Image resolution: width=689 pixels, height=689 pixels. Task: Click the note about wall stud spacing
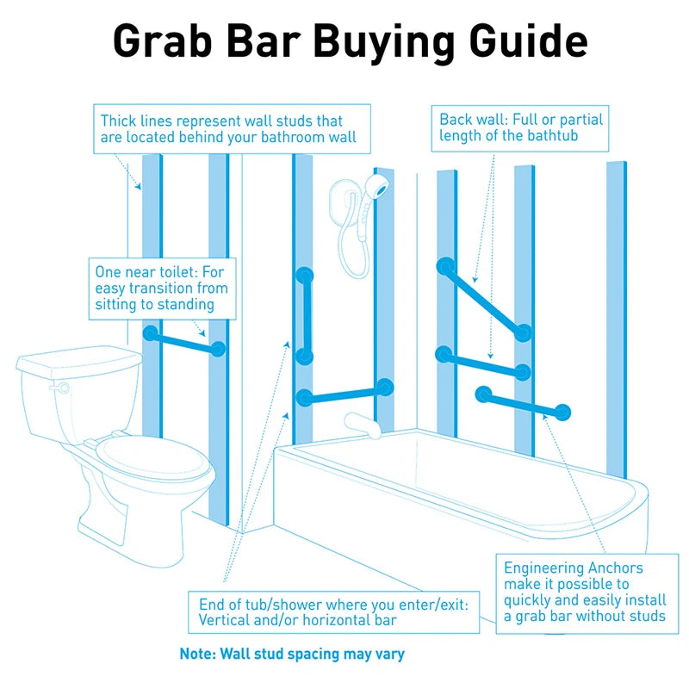tap(292, 654)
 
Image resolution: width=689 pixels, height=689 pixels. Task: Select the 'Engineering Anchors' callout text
tap(584, 592)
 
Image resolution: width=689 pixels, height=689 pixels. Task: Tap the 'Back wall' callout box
tap(520, 127)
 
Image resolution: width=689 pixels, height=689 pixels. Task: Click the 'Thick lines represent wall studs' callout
tap(232, 129)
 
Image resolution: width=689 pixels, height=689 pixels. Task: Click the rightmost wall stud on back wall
tap(616, 319)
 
